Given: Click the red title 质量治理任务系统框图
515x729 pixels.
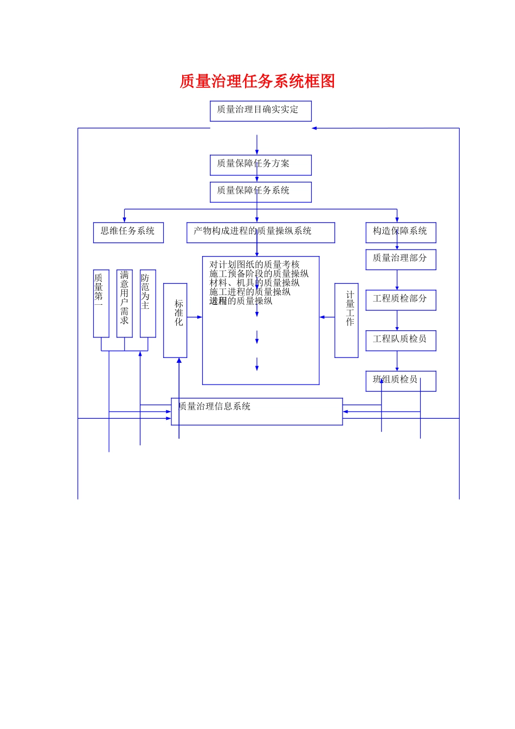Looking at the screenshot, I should point(257,81).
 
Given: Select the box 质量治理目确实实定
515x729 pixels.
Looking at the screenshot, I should point(260,111).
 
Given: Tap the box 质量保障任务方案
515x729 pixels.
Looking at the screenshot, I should point(260,165).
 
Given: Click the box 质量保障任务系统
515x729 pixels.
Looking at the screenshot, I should point(260,192).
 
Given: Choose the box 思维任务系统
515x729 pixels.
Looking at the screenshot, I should point(128,232).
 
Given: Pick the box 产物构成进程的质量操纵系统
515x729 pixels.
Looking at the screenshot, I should point(260,232).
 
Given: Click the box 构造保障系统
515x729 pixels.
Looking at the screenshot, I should point(401,232).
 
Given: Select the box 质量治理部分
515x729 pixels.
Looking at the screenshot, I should point(401,259).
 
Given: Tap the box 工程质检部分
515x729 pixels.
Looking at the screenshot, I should point(401,300).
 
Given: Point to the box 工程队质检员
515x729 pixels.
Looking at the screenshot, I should point(401,340).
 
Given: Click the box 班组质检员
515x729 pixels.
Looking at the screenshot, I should point(401,381).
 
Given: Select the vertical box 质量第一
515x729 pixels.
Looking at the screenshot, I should point(101,303).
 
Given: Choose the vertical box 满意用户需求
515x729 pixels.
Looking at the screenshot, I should point(124,303).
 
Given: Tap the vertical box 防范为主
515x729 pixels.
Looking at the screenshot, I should point(147,303).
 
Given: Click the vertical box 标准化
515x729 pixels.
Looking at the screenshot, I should point(175,320).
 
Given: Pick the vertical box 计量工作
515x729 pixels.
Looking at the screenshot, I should point(346,320).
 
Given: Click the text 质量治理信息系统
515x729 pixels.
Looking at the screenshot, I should point(215,406).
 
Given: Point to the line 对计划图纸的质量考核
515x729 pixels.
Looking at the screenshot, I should point(254,265).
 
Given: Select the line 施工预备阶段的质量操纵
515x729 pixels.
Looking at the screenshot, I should point(259,274).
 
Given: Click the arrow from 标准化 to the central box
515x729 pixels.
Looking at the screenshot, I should point(195,317).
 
